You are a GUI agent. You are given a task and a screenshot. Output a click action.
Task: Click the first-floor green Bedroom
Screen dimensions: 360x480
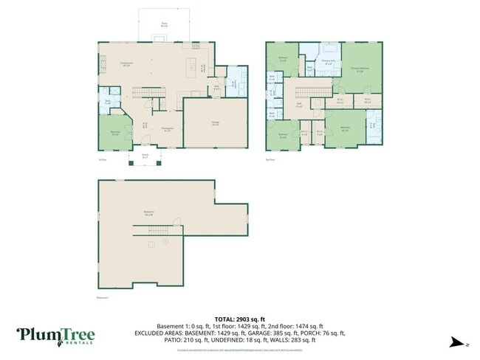pyautogui.click(x=114, y=134)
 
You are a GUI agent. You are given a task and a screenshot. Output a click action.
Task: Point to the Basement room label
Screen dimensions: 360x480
pyautogui.click(x=149, y=212)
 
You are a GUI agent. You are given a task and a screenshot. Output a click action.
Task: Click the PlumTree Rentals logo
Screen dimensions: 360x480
pyautogui.click(x=56, y=336)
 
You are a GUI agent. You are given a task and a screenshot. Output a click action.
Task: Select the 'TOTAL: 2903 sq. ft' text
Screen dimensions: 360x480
pyautogui.click(x=239, y=319)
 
